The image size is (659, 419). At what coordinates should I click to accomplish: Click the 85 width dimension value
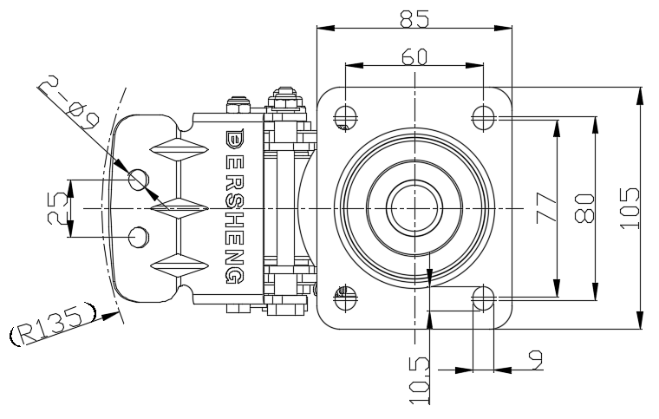click(x=414, y=17)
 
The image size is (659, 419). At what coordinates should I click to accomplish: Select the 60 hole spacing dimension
click(x=414, y=56)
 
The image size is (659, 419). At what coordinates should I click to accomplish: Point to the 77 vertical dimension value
click(x=545, y=209)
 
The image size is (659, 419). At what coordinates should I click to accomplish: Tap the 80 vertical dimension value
click(x=584, y=209)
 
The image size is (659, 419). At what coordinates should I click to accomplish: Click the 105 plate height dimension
click(x=630, y=209)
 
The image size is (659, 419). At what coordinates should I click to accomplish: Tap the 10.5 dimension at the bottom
click(x=418, y=380)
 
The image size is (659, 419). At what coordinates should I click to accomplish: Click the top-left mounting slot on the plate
click(x=344, y=114)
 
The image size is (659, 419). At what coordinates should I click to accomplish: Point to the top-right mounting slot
click(x=483, y=114)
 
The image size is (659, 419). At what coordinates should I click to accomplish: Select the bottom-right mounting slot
click(x=483, y=299)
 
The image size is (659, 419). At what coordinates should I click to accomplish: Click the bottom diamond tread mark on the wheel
click(x=179, y=265)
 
